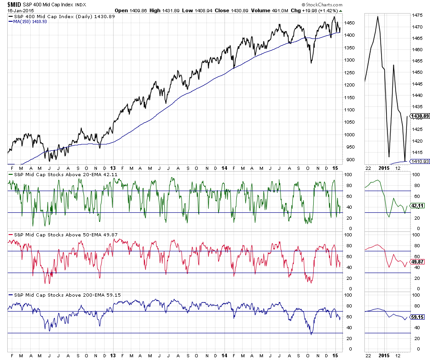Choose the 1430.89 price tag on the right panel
tap(419, 116)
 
